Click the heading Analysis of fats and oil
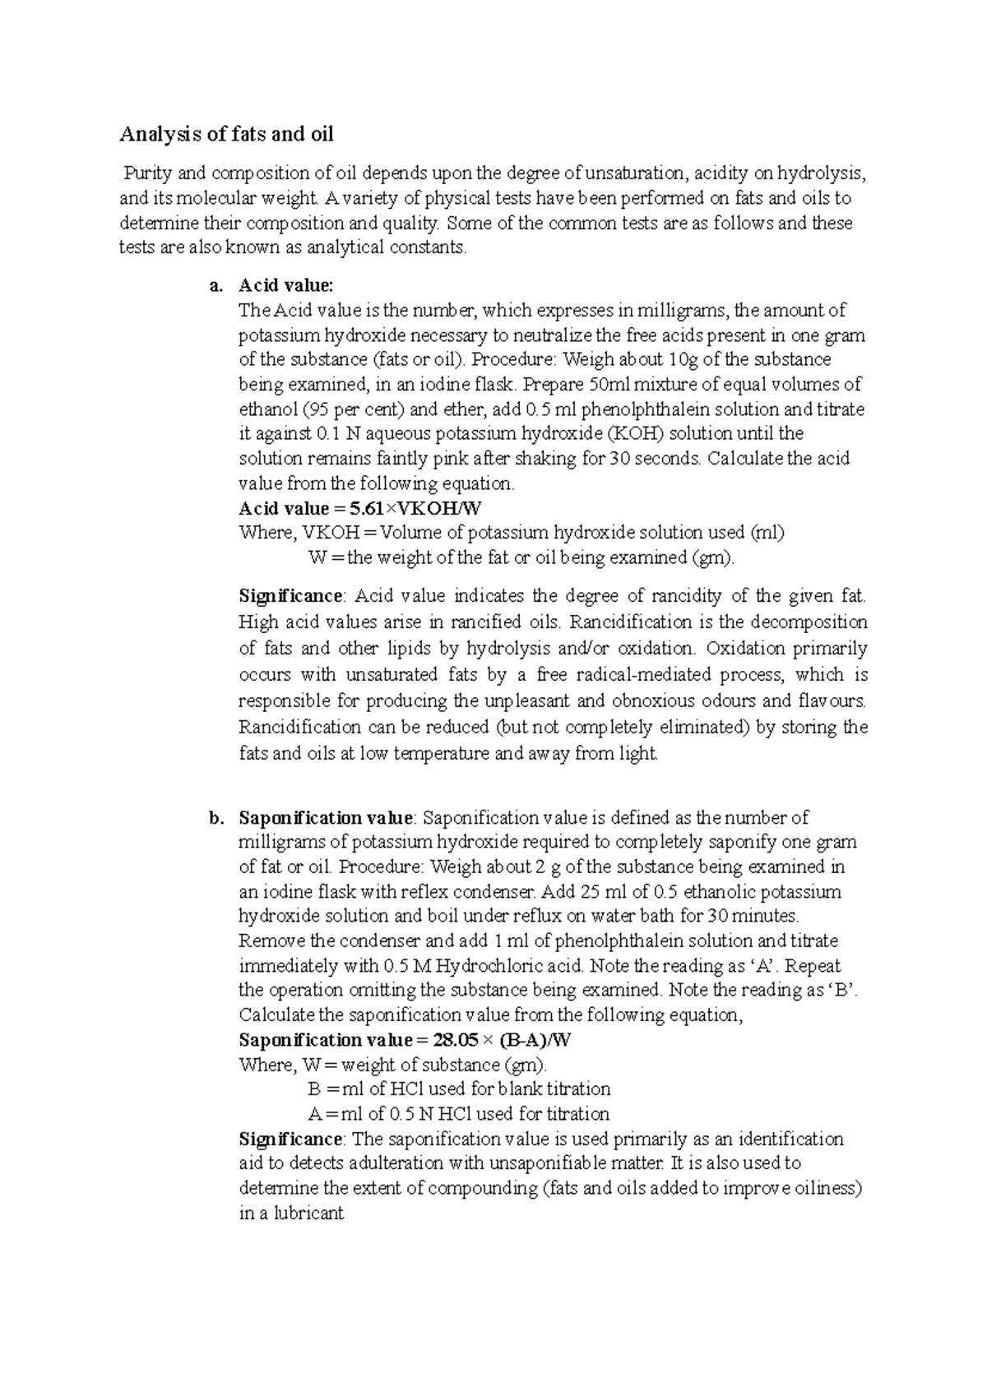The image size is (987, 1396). click(x=227, y=134)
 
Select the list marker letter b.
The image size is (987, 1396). click(x=216, y=818)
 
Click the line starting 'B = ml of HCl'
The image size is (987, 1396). click(x=459, y=1089)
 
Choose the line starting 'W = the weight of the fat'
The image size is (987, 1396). click(x=521, y=557)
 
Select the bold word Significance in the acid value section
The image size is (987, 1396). click(x=290, y=595)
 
